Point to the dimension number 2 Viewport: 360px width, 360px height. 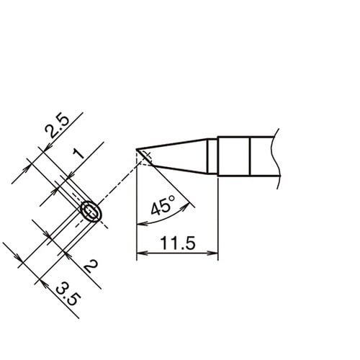[91, 268]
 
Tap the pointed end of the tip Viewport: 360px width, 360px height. [137, 150]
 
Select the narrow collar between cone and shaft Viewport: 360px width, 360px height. [212, 155]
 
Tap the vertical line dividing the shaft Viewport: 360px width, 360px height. [249, 155]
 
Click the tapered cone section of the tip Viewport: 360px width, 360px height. [180, 154]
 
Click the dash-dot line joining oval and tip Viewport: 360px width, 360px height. [115, 188]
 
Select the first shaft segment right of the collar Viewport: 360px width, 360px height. [233, 155]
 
